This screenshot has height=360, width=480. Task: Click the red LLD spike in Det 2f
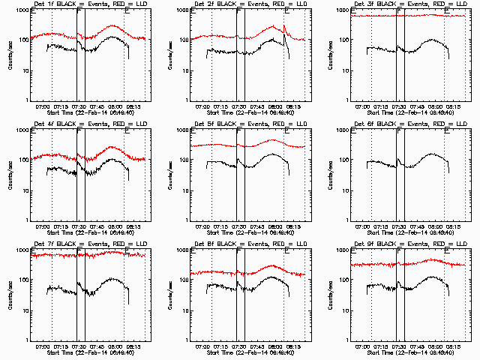(x=284, y=28)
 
